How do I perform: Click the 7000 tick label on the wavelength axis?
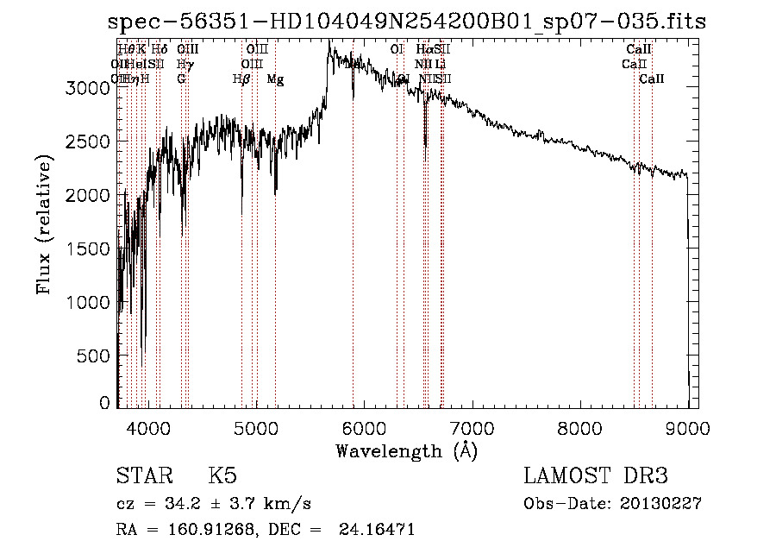tap(472, 428)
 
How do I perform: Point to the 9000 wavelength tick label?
tap(687, 428)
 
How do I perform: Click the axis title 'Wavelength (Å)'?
tap(406, 450)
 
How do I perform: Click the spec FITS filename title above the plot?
tap(407, 22)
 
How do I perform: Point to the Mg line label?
tap(275, 79)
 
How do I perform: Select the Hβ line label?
tap(241, 79)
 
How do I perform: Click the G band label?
tap(181, 79)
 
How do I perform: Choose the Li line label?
tap(441, 65)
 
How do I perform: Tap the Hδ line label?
tap(160, 50)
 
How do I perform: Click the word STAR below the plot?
tap(141, 476)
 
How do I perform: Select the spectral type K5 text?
tap(222, 476)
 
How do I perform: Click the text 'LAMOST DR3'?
tap(596, 476)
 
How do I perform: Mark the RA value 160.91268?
tap(212, 530)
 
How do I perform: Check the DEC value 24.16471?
tap(379, 530)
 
